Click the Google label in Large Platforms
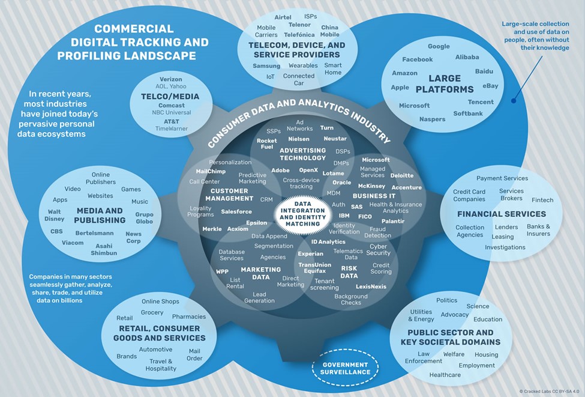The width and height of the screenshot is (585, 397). tap(439, 46)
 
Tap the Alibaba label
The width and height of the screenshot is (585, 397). tap(467, 57)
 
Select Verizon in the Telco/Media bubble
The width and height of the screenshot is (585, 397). tap(171, 79)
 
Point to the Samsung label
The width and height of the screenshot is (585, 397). tap(266, 65)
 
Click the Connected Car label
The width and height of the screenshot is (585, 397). tap(299, 79)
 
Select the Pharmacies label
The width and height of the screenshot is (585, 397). tap(189, 317)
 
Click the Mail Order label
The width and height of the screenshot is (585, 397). tap(195, 354)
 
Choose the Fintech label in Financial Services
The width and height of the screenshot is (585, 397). tap(542, 200)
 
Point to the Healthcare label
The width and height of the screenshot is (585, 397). tap(445, 375)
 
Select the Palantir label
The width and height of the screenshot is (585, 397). tap(392, 221)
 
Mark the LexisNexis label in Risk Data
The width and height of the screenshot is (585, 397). tap(370, 286)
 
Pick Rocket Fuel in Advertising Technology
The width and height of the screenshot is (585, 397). tap(266, 144)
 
